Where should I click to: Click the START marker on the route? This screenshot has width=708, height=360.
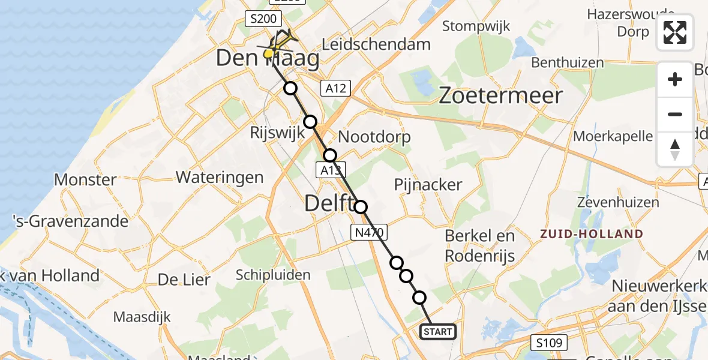coord(438,332)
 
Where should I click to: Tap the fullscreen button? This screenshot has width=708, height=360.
coord(675,32)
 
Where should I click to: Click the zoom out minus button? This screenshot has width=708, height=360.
coord(675,114)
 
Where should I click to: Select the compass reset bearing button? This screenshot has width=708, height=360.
coord(675,149)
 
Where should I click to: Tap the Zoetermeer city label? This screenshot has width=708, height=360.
coord(502,96)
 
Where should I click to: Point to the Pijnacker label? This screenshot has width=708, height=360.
coord(428,184)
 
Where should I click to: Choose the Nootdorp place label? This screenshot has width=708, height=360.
coord(375,137)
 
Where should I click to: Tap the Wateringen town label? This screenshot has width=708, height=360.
coord(220,177)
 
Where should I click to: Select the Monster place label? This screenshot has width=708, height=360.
coord(85,179)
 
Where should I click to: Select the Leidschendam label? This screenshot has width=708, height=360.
coord(376,44)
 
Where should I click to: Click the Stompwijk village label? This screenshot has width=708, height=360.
coord(476,26)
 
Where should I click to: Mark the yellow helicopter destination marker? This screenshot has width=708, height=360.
coord(269,54)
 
